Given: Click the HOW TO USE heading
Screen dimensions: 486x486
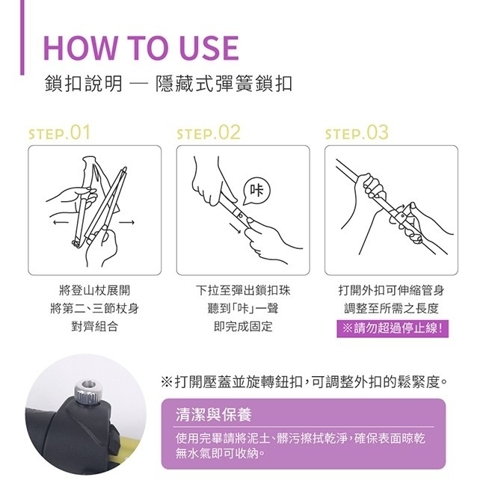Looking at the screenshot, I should click(x=141, y=46).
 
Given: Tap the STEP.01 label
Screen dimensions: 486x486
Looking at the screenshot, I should click(x=59, y=133).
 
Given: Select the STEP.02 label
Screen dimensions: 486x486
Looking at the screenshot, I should click(x=209, y=133).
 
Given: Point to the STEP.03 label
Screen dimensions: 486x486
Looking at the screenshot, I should click(x=357, y=133).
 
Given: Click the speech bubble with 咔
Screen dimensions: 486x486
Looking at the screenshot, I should click(x=257, y=186).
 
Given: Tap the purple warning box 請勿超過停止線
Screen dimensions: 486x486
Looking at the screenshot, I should click(x=393, y=327).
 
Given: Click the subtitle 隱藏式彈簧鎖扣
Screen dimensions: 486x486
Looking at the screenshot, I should click(x=222, y=83).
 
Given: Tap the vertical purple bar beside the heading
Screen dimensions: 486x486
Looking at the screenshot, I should click(x=22, y=37).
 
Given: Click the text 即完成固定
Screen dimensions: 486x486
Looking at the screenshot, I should click(x=242, y=327).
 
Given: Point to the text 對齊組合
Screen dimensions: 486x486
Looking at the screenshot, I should click(x=93, y=327).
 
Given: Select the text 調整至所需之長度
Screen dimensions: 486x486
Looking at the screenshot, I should click(x=392, y=308).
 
